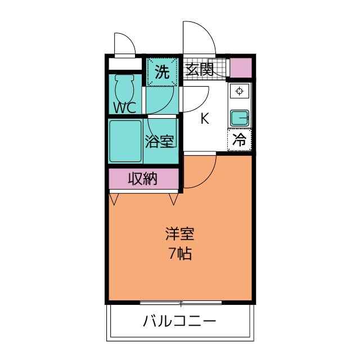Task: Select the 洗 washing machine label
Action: (x=162, y=72)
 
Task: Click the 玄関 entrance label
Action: (x=199, y=70)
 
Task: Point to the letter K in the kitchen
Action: (x=205, y=119)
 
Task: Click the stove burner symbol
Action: (x=240, y=92)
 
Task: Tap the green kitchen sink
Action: (x=240, y=118)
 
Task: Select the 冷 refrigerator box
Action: (x=240, y=140)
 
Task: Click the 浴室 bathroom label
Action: (x=159, y=141)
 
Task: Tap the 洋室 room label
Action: (x=180, y=233)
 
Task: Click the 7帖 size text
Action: (x=180, y=254)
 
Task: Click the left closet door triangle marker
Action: (x=115, y=199)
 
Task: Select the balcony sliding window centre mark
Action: (x=181, y=303)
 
